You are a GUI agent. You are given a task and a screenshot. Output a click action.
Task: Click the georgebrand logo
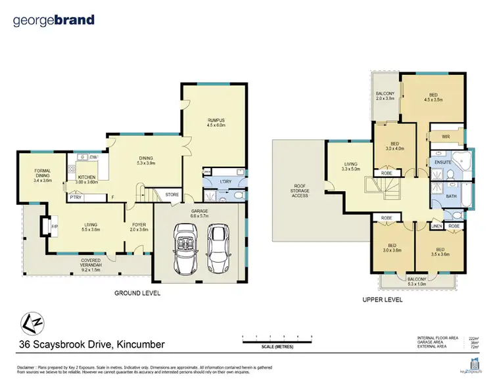coord(53,20)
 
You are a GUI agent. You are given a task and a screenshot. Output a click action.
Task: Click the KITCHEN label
coord(87,179)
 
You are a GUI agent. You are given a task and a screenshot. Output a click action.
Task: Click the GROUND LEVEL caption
coord(137,292)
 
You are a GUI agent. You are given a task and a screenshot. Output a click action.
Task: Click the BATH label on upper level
coord(450,196)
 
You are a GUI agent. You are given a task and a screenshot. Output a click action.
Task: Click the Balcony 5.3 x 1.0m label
coord(415,282)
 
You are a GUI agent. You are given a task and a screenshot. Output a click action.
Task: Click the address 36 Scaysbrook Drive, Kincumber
coord(89,344)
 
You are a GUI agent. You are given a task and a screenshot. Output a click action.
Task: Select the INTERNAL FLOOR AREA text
coord(440,336)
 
